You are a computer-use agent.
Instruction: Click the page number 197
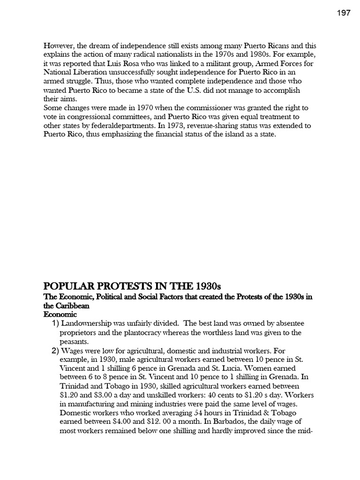pos(344,13)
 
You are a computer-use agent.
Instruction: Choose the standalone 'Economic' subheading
pos(60,315)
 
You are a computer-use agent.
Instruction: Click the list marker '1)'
pos(55,324)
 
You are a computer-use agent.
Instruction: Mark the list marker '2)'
pos(55,351)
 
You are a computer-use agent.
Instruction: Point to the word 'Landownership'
pos(88,324)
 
